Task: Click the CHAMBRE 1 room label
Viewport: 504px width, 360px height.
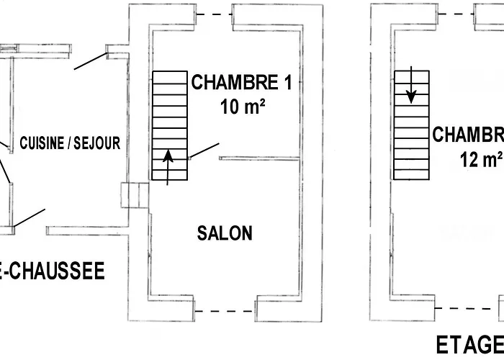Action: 241,82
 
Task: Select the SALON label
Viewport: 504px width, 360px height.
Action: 225,233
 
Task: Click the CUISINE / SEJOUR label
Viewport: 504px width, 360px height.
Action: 70,143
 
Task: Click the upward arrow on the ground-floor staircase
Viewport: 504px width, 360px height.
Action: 169,166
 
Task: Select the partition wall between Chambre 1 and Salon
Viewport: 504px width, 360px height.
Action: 259,157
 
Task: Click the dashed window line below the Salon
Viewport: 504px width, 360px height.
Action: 225,311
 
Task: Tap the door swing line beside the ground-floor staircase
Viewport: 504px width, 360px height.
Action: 204,150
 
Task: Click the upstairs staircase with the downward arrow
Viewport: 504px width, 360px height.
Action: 412,124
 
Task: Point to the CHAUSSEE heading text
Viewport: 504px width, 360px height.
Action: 54,271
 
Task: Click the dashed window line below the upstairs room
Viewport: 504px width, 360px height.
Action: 468,307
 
